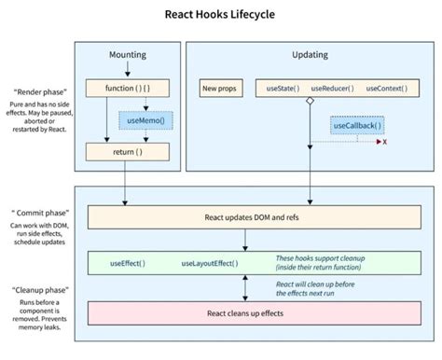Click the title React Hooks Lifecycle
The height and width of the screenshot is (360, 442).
click(x=220, y=14)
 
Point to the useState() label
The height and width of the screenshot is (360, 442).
click(x=283, y=89)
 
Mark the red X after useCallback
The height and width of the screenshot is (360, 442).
click(x=385, y=143)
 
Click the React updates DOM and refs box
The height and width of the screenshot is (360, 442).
click(x=245, y=218)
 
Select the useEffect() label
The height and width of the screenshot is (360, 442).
click(x=125, y=264)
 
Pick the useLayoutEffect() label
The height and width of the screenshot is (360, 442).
click(x=207, y=264)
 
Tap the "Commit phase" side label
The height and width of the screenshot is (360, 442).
click(x=38, y=213)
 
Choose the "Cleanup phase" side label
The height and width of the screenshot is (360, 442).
click(x=39, y=291)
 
